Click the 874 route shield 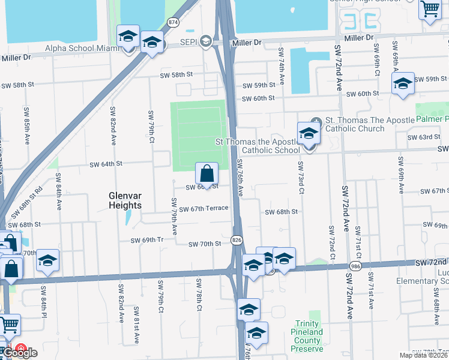click(173, 22)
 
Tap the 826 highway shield click(238, 239)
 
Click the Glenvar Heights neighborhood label click(125, 200)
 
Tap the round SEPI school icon click(206, 41)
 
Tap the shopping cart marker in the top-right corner click(430, 10)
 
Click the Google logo click(19, 353)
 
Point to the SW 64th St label click(106, 164)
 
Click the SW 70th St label click(205, 244)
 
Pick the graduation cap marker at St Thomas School click(309, 134)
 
